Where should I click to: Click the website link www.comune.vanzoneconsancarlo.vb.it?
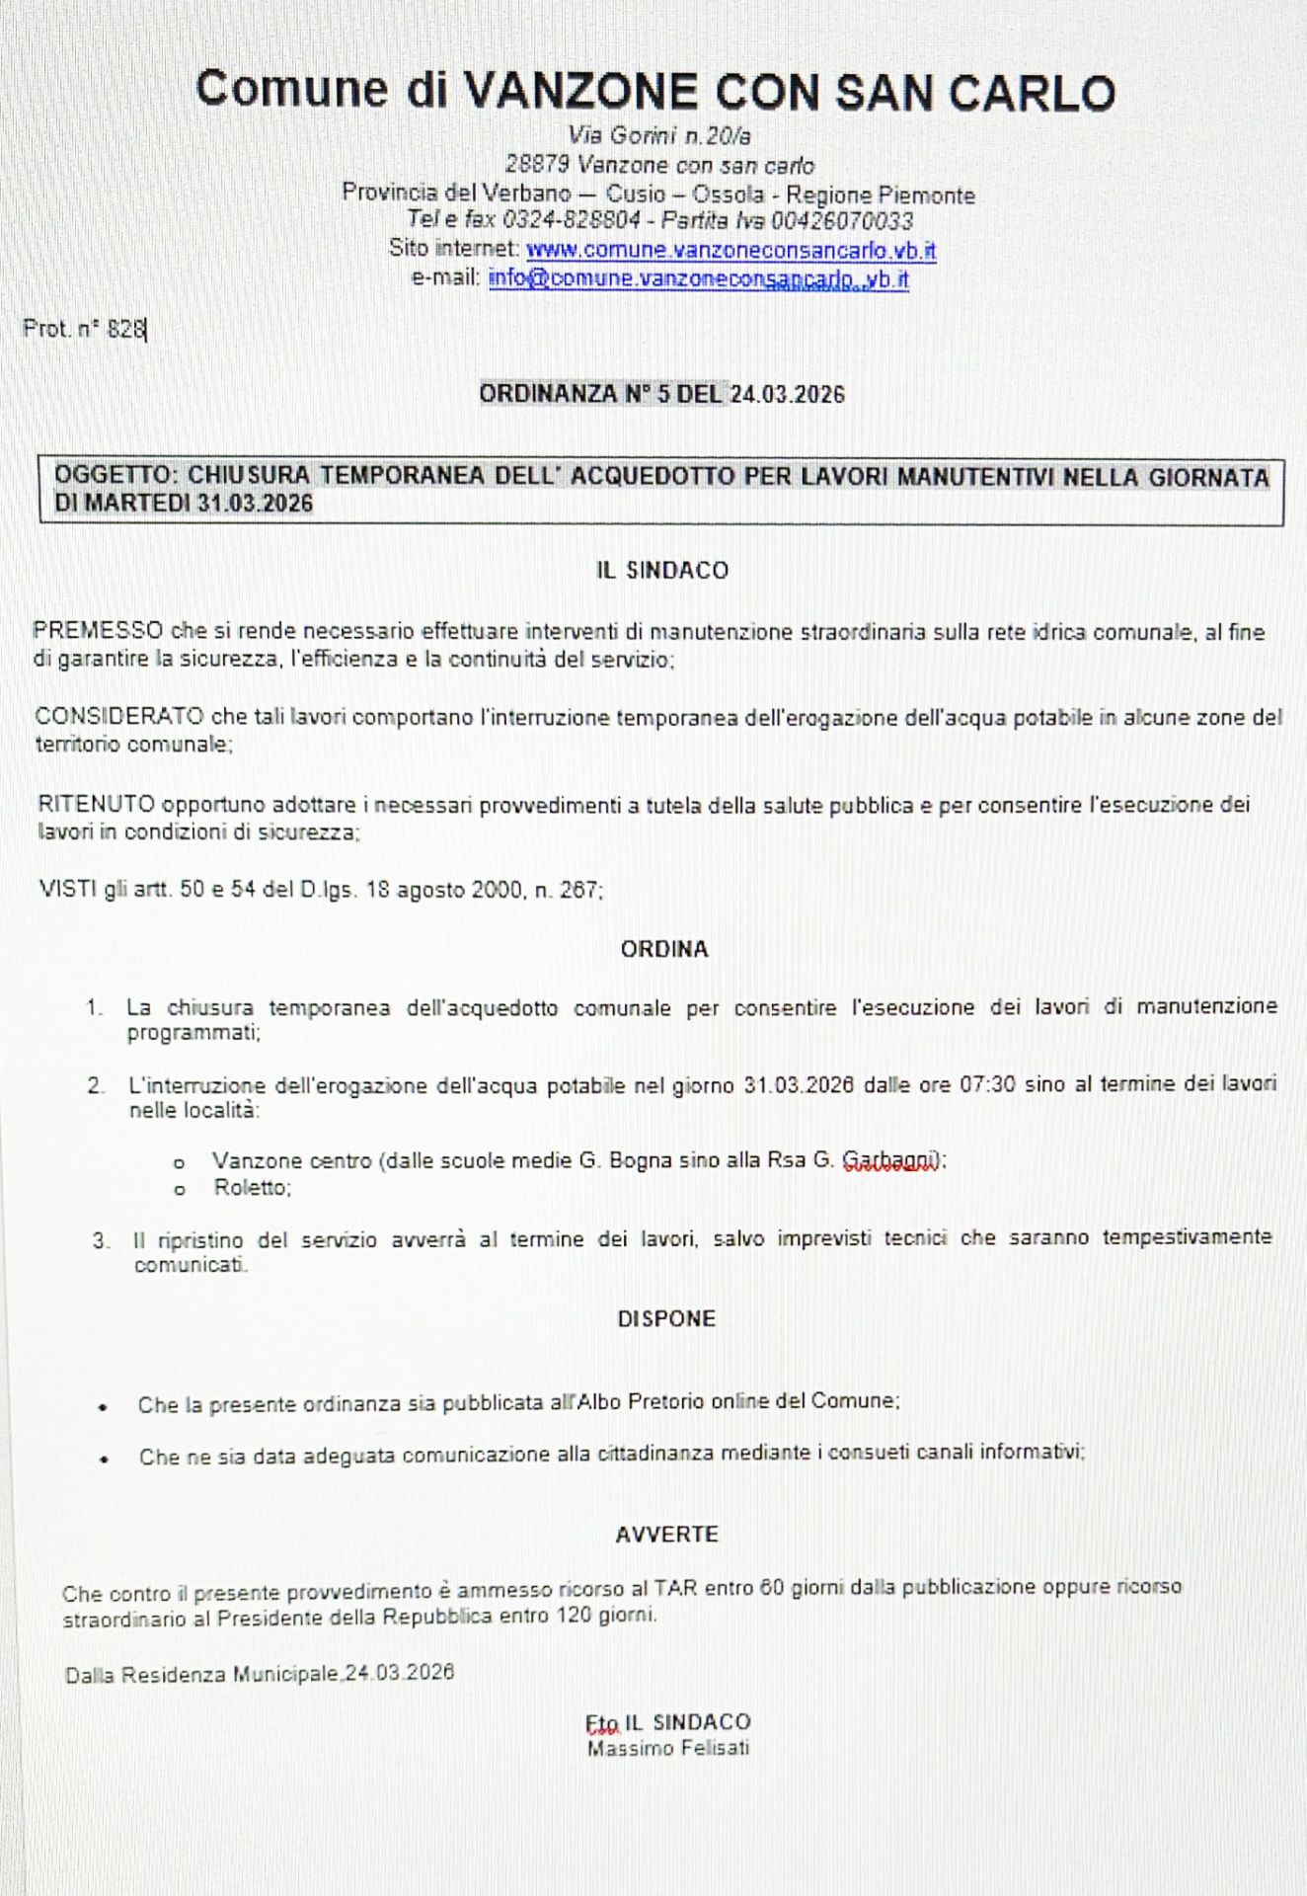(730, 250)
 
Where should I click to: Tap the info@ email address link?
(698, 279)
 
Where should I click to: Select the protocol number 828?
(126, 330)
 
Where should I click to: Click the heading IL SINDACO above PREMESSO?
(662, 571)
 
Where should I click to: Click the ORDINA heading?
(664, 949)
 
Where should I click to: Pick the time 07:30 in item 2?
(987, 1084)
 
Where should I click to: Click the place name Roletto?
(252, 1188)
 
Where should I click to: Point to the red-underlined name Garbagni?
(889, 1160)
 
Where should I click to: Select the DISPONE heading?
(666, 1319)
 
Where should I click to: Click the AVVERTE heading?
(666, 1535)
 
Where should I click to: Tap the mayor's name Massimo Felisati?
(668, 1749)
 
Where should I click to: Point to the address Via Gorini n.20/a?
(659, 135)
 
